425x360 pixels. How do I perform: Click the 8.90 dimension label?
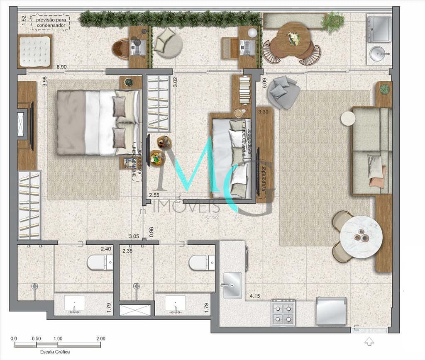click(x=61, y=67)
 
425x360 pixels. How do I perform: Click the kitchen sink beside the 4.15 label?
click(x=232, y=285)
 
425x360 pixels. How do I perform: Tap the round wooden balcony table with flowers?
click(x=294, y=39)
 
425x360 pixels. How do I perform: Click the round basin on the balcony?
click(x=379, y=54)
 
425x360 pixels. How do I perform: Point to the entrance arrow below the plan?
click(x=368, y=342)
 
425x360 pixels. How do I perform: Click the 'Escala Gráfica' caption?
click(x=55, y=352)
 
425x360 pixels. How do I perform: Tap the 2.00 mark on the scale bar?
click(x=100, y=338)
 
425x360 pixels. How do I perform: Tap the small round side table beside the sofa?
click(x=348, y=119)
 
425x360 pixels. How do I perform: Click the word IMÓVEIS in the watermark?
click(x=186, y=207)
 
